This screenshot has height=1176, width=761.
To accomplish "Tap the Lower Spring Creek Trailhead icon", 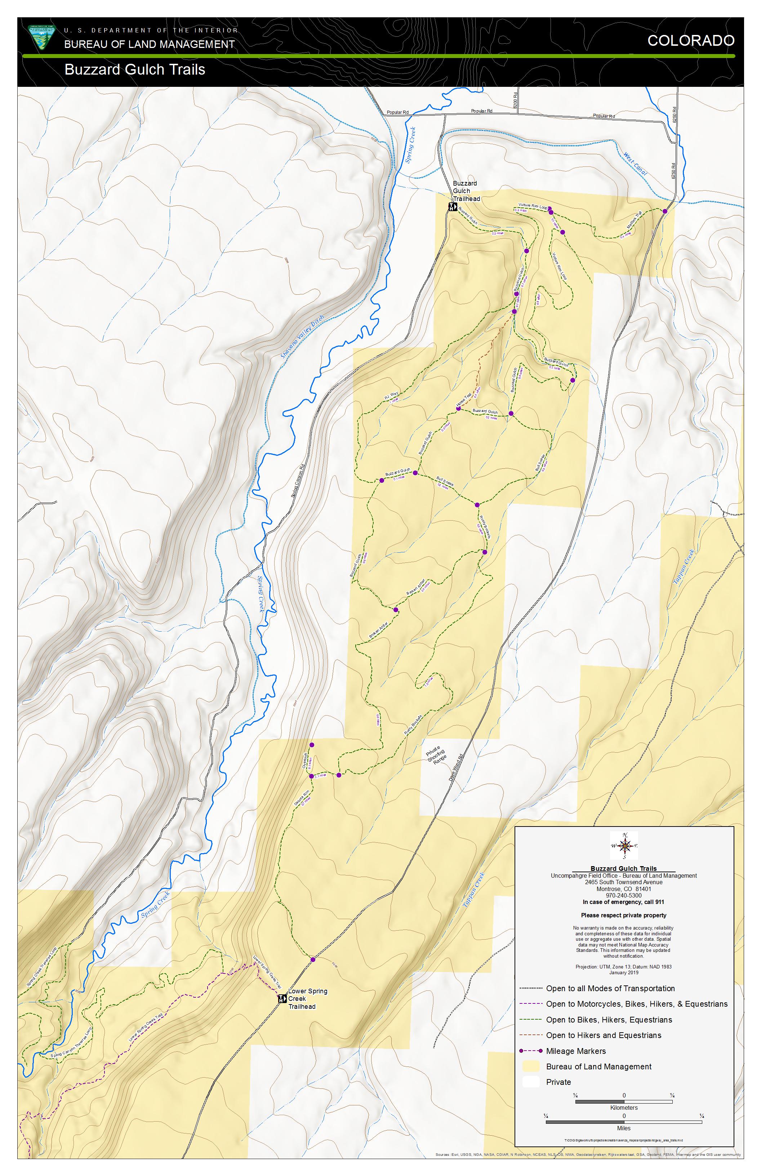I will click(x=281, y=999).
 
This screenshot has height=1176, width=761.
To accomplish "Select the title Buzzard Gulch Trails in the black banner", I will click(x=134, y=70).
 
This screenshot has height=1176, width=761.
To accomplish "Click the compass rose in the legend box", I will click(x=624, y=846).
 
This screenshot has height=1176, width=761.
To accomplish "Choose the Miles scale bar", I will click(x=624, y=1122).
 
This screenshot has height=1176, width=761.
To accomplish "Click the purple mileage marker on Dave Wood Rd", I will click(x=313, y=959).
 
